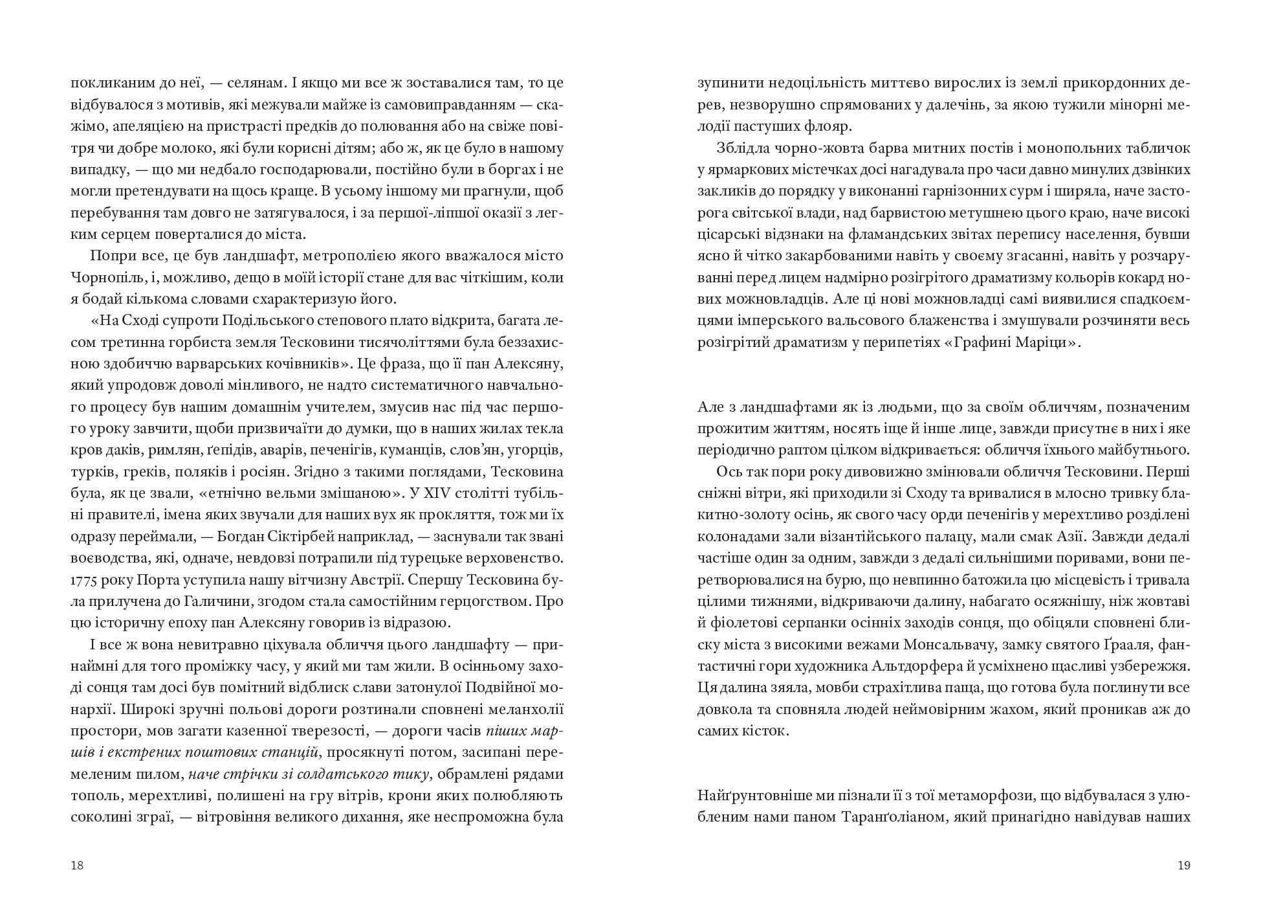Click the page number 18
(77, 866)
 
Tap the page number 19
(1184, 866)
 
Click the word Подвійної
(499, 688)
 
